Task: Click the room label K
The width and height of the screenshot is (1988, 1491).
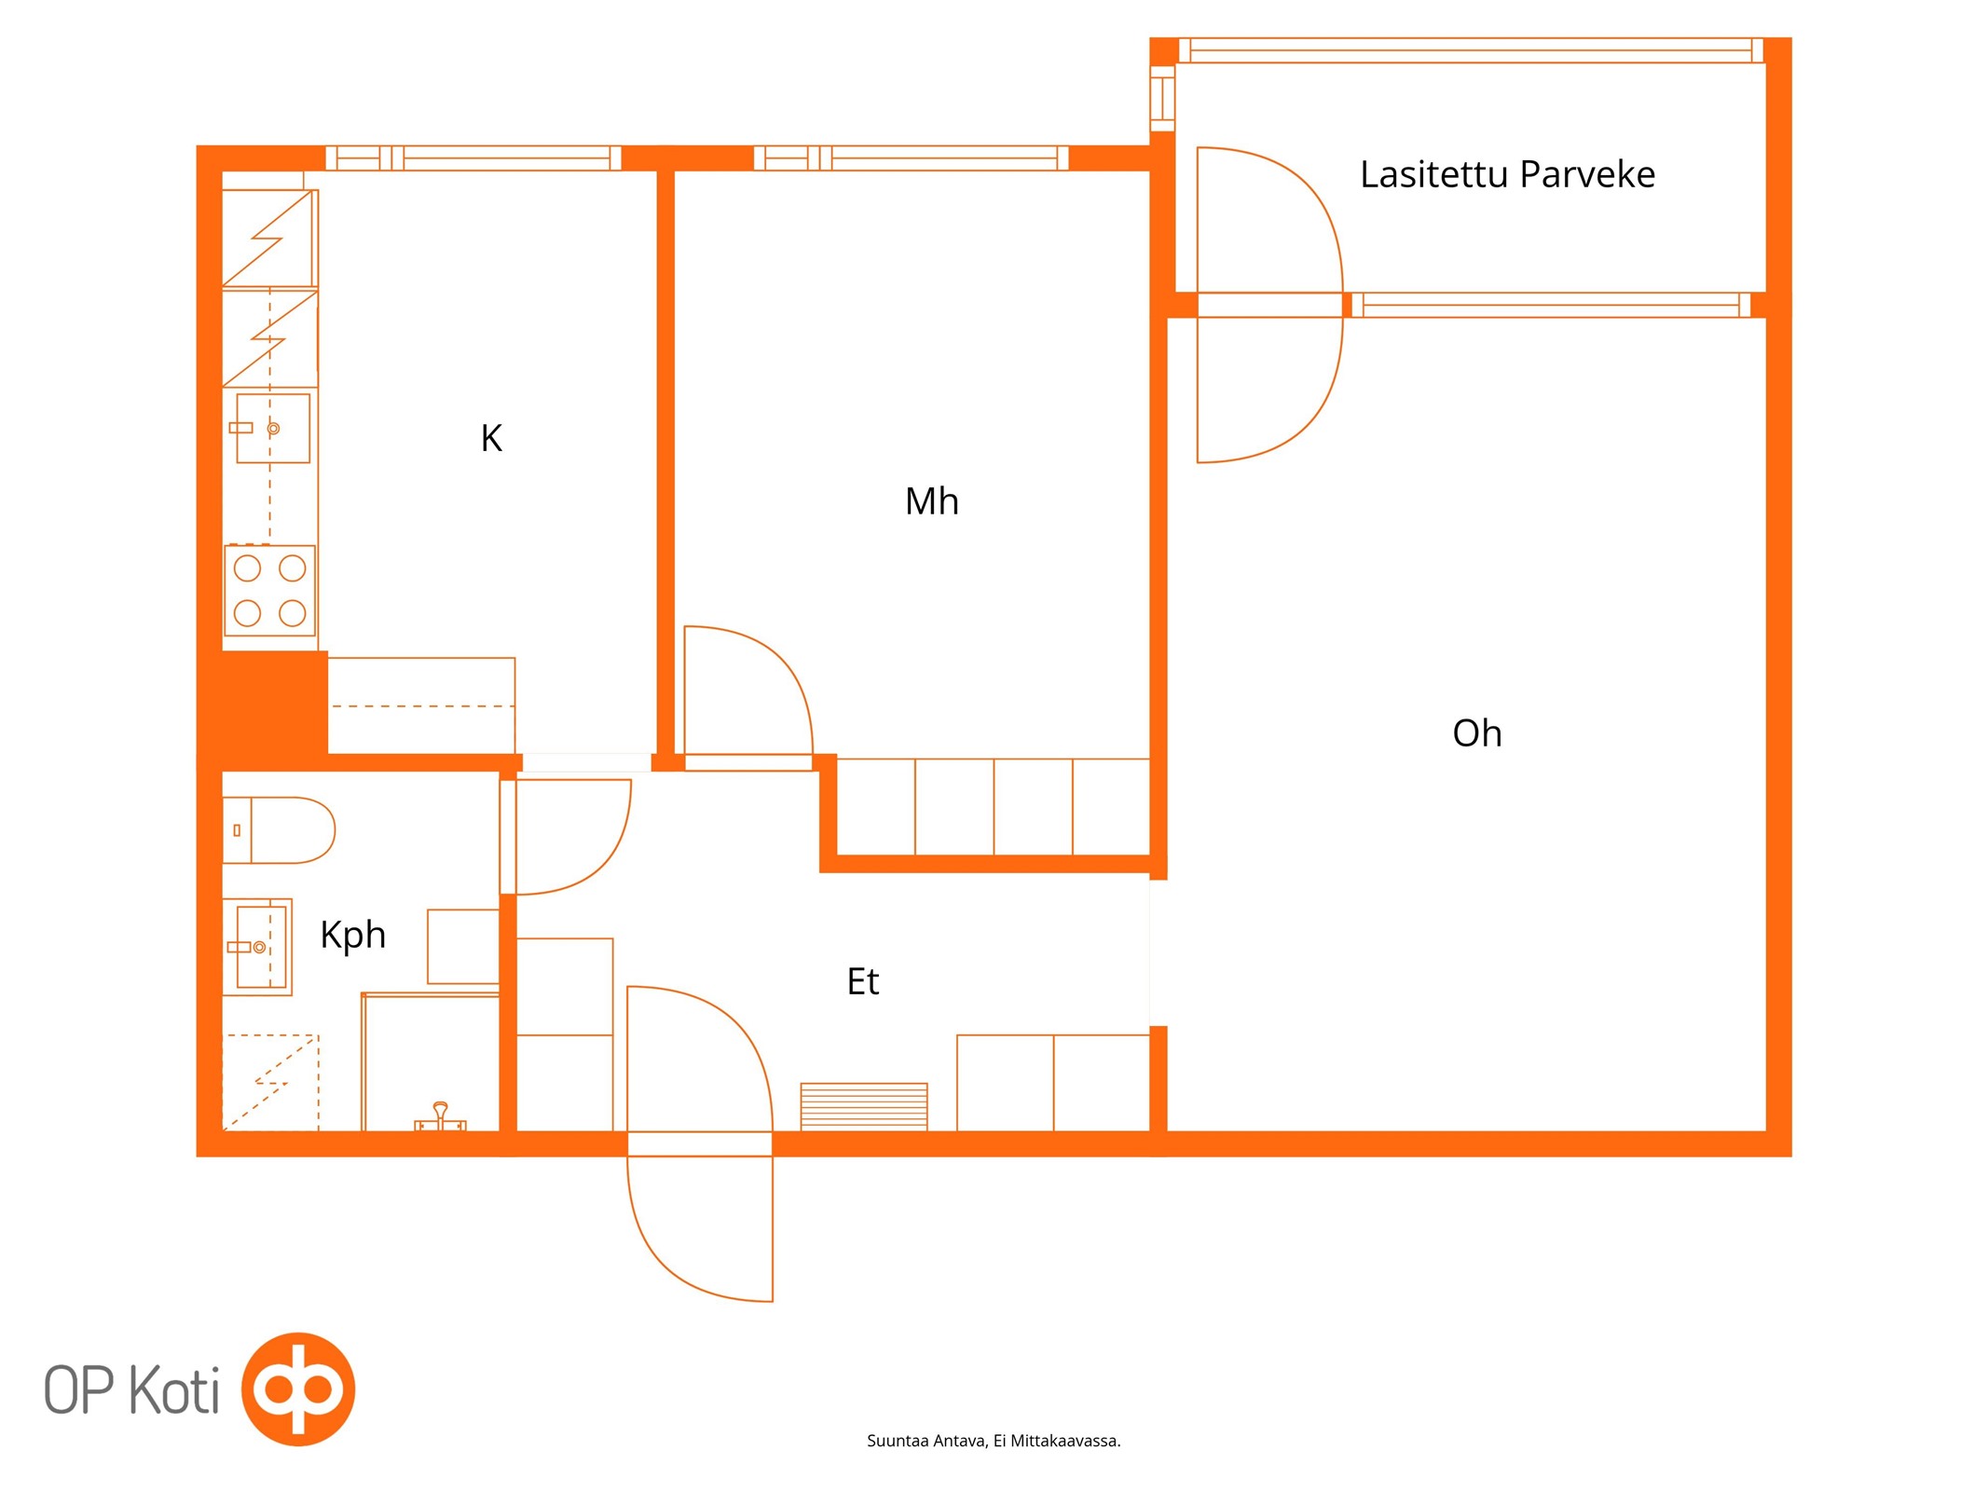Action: click(x=491, y=438)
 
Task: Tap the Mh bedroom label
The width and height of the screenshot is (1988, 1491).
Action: click(x=931, y=501)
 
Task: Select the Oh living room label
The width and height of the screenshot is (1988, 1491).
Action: click(x=1476, y=733)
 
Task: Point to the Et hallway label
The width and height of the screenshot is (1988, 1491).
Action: click(x=862, y=981)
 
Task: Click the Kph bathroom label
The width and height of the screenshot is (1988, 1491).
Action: click(x=352, y=936)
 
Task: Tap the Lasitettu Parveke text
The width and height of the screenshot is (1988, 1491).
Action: click(x=1507, y=174)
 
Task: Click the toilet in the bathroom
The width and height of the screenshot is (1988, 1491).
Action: click(x=279, y=829)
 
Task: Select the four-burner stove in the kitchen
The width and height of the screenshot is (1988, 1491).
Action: click(x=269, y=590)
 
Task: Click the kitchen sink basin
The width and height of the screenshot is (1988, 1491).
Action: click(x=272, y=428)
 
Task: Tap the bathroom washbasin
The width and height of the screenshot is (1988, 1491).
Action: click(x=258, y=947)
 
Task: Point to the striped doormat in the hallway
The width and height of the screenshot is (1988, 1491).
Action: click(x=863, y=1106)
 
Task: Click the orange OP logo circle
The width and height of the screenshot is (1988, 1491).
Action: click(x=298, y=1388)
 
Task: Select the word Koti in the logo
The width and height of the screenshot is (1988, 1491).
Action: click(x=174, y=1389)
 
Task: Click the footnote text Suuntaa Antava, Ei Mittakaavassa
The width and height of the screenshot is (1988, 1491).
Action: click(x=994, y=1441)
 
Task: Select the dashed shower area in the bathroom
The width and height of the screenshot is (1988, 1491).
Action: click(x=270, y=1082)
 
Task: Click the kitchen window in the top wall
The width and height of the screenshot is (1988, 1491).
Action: click(x=473, y=158)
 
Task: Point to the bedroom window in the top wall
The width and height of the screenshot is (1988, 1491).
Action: click(x=911, y=158)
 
